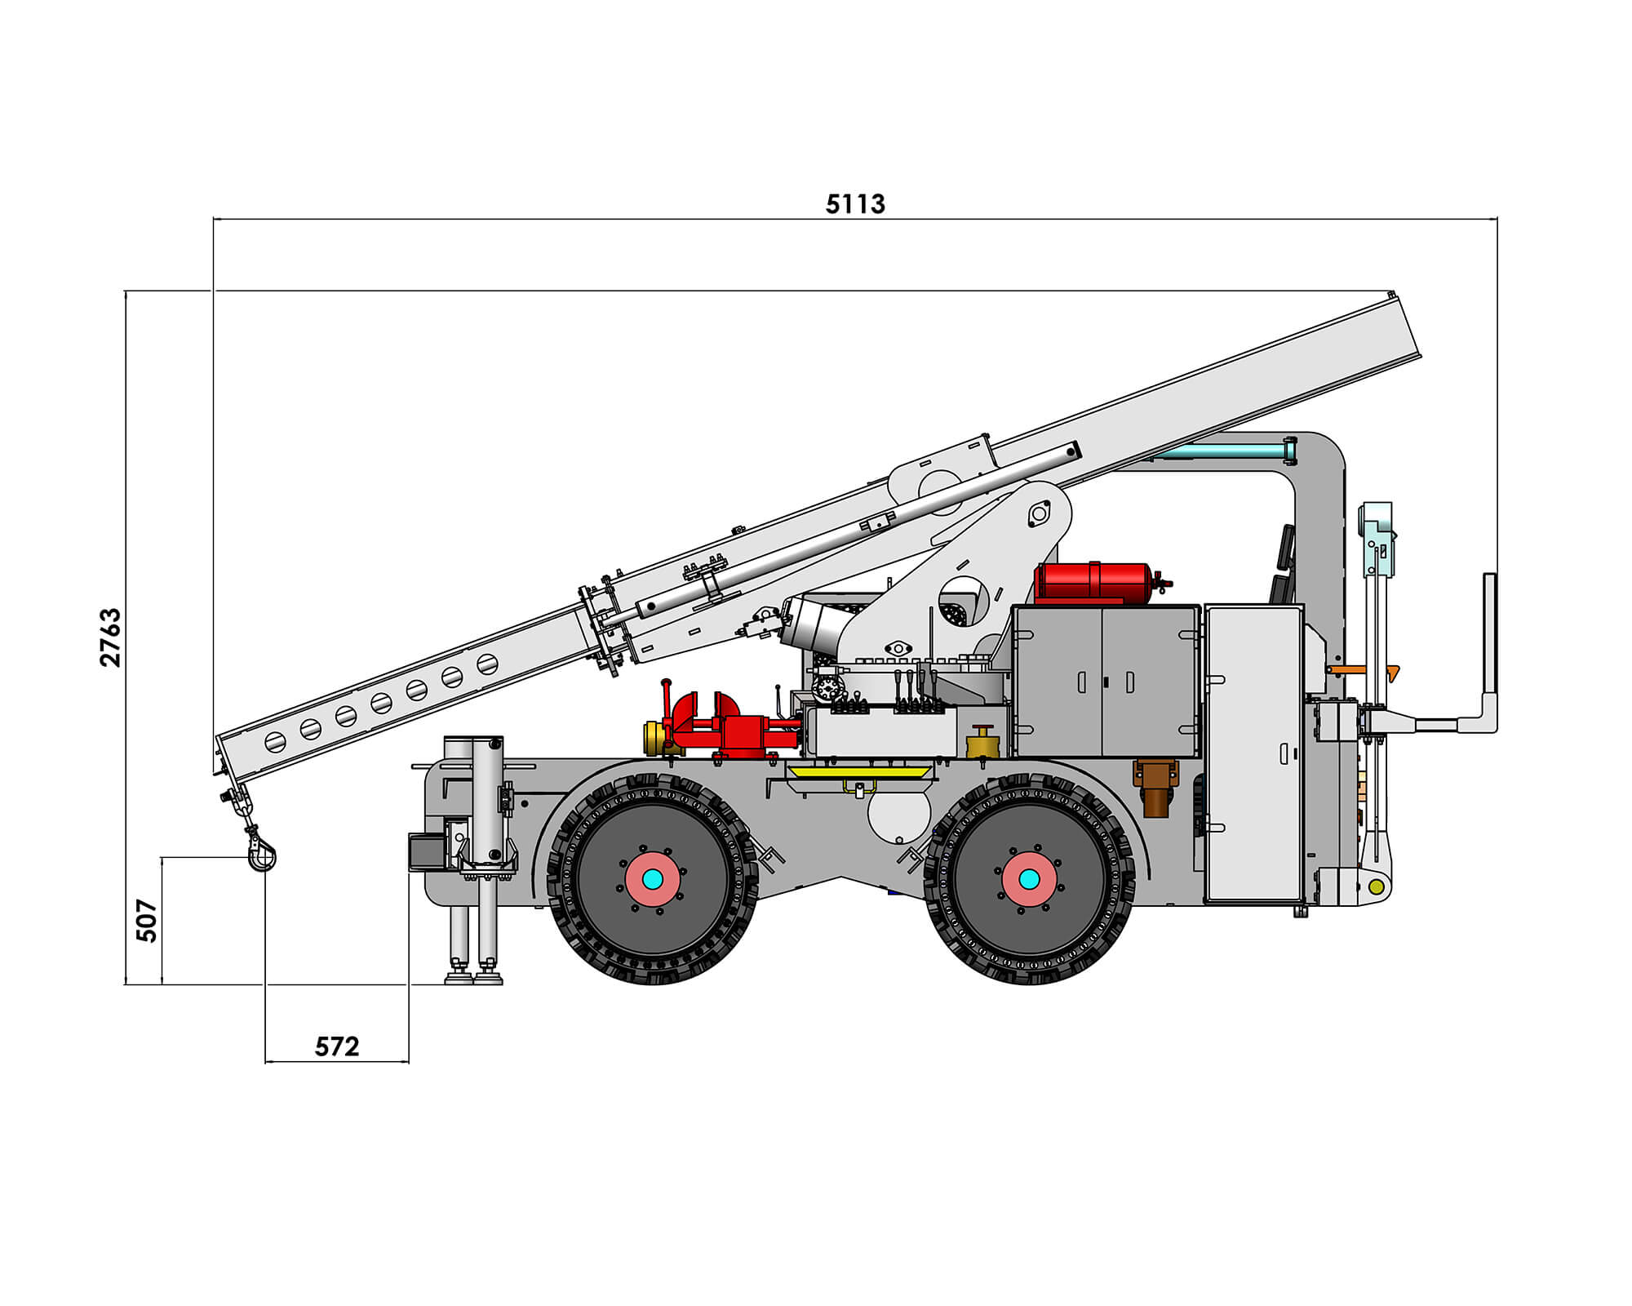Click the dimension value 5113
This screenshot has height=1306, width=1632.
pos(855,203)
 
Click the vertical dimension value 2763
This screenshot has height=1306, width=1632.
pos(110,637)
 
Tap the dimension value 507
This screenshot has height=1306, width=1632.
pos(146,921)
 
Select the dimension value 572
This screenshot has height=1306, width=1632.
pos(337,1046)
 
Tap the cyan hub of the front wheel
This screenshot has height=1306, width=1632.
pos(653,879)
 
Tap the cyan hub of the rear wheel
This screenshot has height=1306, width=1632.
pos(1030,879)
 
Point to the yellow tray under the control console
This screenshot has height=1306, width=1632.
pos(860,771)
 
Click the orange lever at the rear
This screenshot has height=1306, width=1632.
pos(1363,670)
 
